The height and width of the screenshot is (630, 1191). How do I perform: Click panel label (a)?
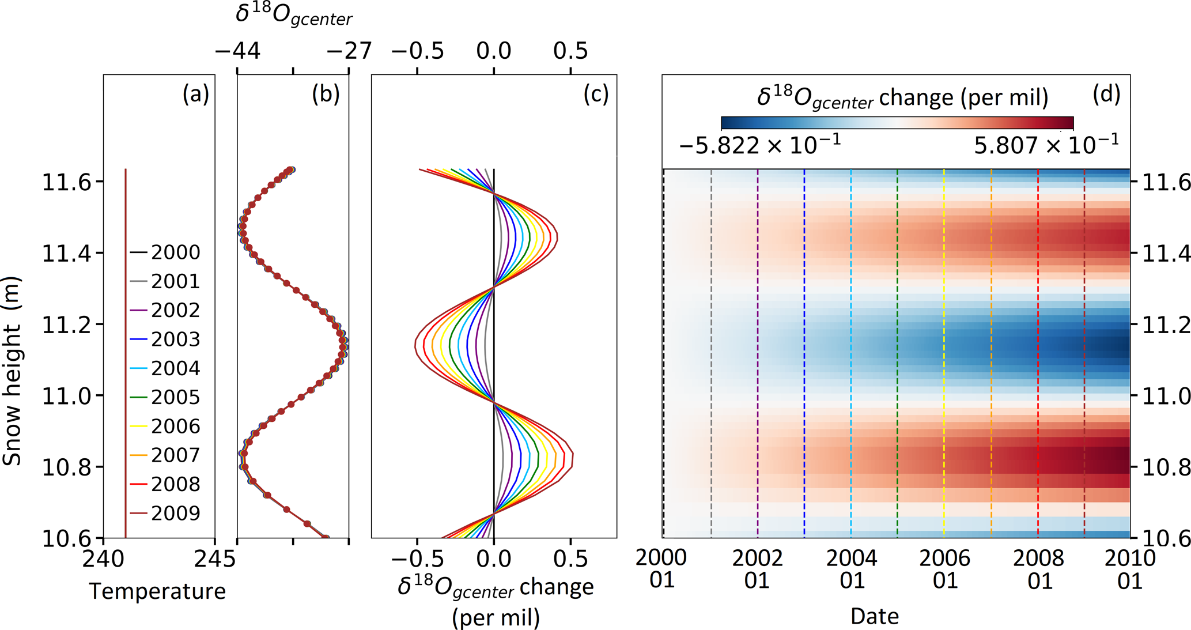click(x=195, y=93)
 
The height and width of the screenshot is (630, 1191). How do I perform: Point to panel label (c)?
click(x=596, y=93)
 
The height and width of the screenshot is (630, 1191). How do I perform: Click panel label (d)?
click(x=1106, y=93)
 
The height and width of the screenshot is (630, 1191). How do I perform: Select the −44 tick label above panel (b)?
click(x=237, y=51)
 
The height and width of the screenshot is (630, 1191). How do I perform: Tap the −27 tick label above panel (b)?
click(x=349, y=51)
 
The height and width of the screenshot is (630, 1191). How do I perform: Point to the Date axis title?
click(x=874, y=616)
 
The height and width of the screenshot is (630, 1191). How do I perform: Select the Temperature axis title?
click(x=157, y=591)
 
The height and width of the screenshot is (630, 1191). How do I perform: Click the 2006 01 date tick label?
click(x=944, y=569)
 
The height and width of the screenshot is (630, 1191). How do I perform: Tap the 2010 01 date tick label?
click(x=1130, y=569)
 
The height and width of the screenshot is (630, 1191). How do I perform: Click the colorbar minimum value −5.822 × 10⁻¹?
click(x=759, y=145)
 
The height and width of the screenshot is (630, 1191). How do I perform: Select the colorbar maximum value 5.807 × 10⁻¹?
click(x=1046, y=145)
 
